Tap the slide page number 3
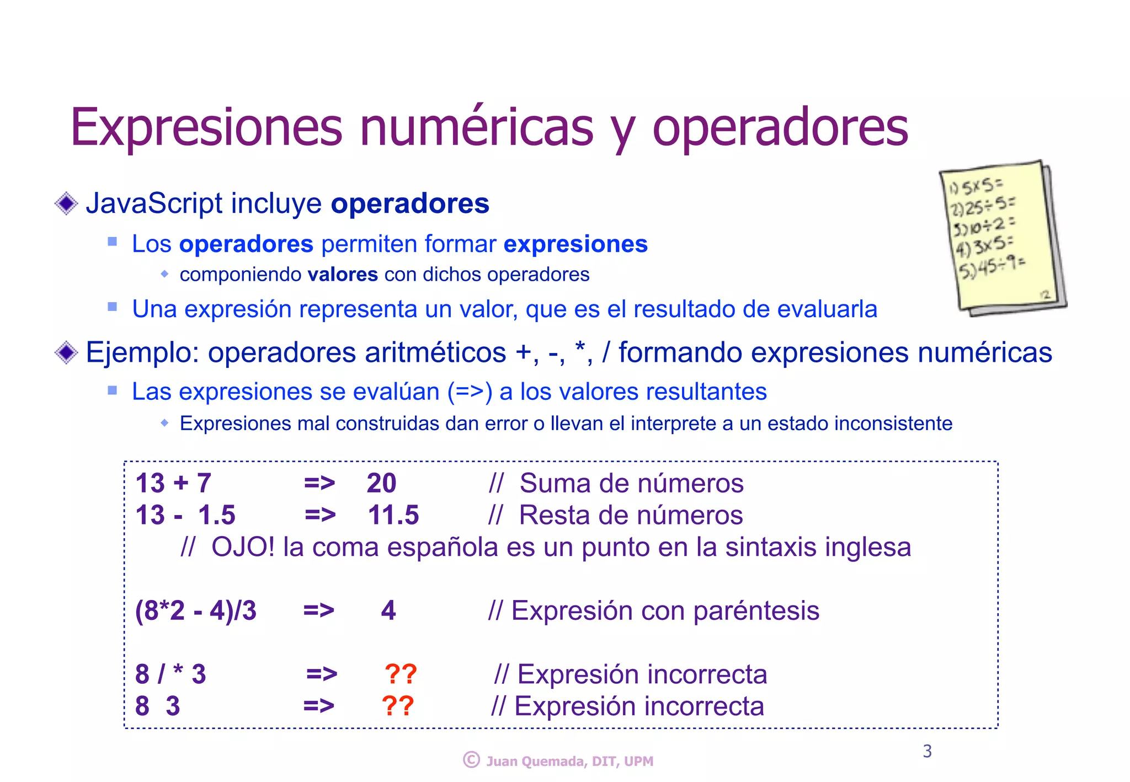[928, 751]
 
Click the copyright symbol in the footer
[471, 760]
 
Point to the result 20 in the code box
[381, 484]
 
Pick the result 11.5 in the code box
[393, 516]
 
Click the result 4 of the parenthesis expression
[388, 611]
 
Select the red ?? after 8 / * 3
[401, 674]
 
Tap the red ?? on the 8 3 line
[398, 706]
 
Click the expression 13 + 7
[173, 484]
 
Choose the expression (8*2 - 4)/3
[196, 611]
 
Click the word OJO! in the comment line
[243, 548]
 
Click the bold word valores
[343, 275]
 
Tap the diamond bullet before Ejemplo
[66, 352]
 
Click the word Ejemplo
[142, 353]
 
